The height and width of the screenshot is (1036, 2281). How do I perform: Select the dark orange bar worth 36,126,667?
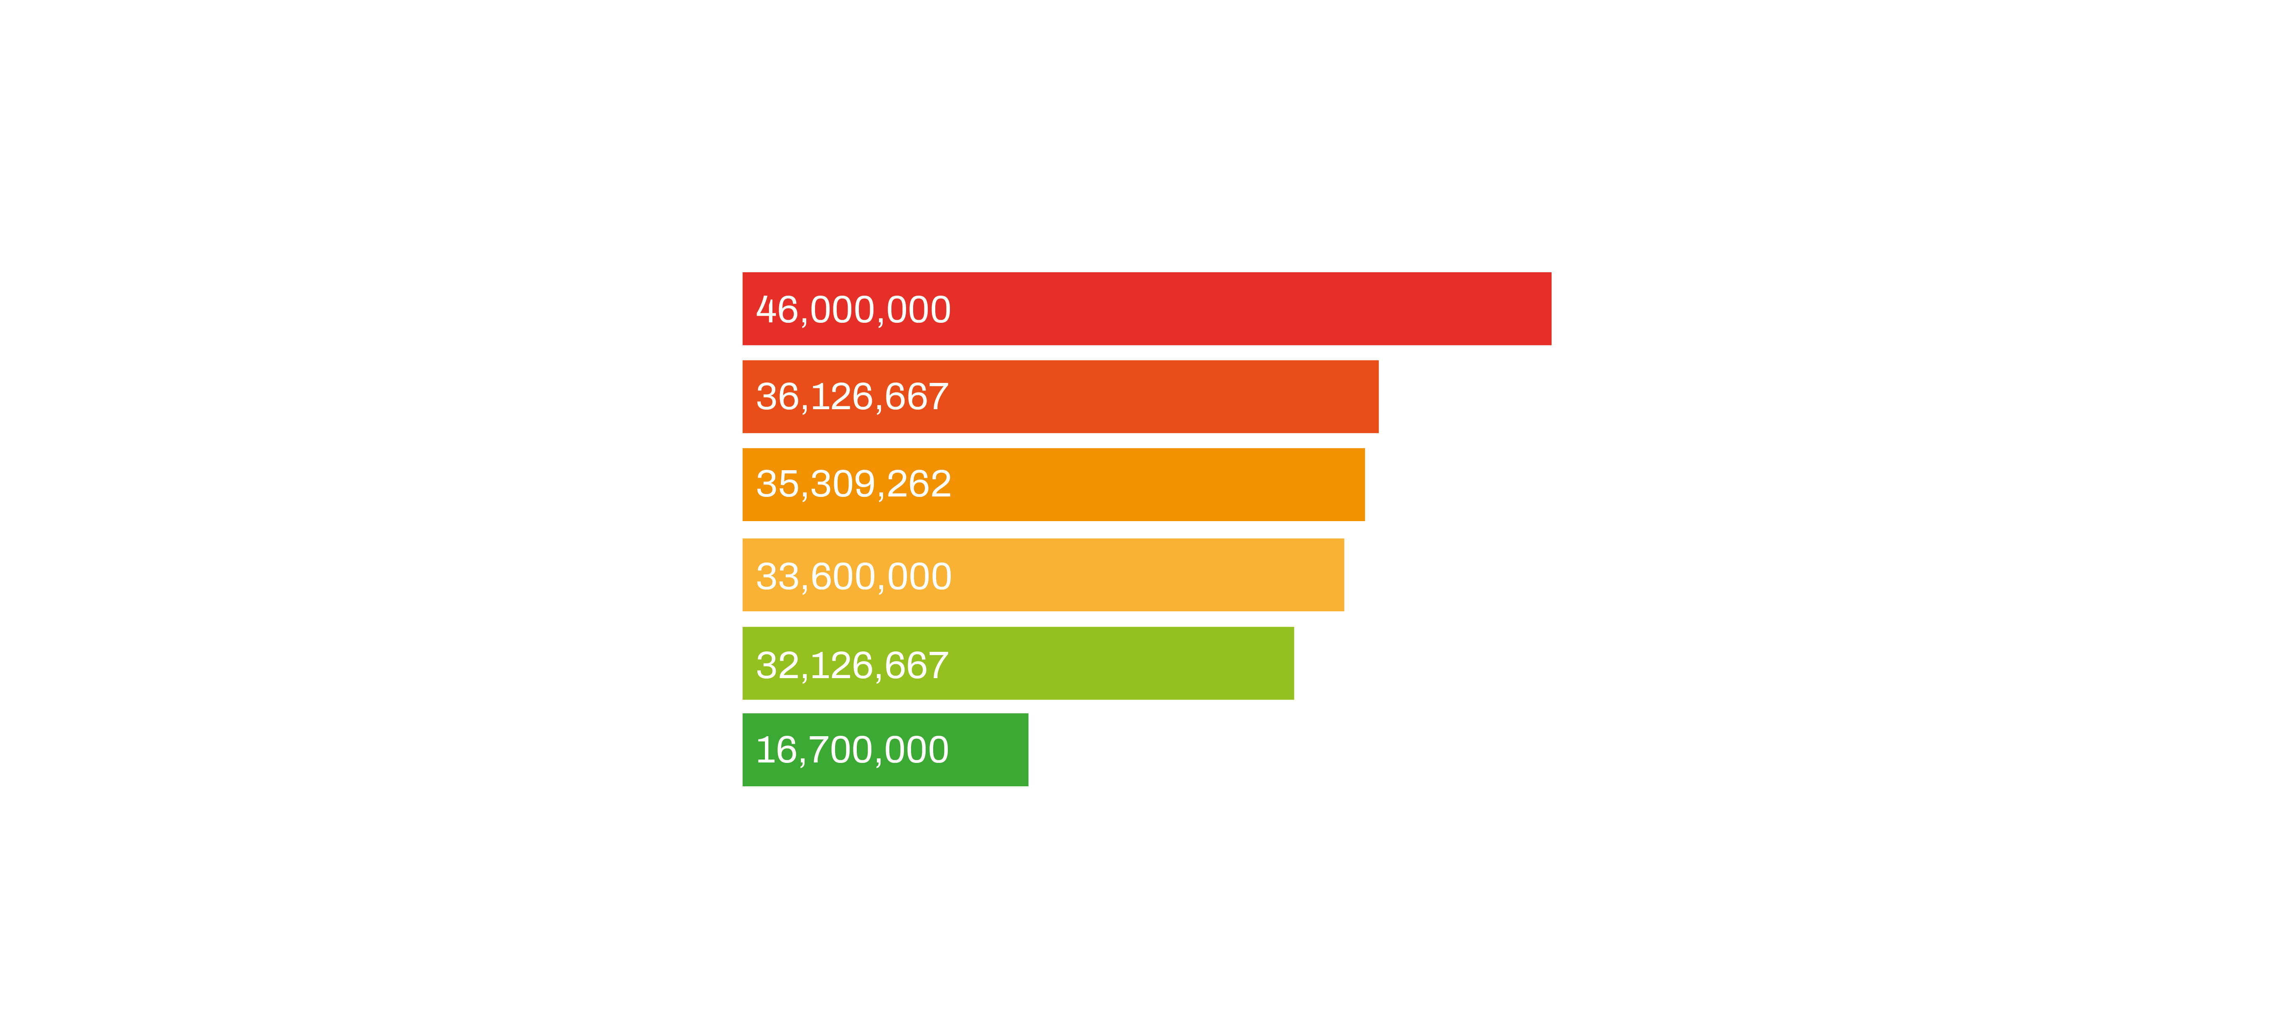pyautogui.click(x=1151, y=397)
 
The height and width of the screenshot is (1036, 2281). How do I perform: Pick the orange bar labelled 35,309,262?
pyautogui.click(x=1151, y=484)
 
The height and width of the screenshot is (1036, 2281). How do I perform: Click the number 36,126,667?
pyautogui.click(x=852, y=397)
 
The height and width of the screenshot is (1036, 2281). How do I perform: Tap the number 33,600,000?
pyautogui.click(x=853, y=576)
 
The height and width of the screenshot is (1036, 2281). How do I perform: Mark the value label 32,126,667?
pyautogui.click(x=852, y=665)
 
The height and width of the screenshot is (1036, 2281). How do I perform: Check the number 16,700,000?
pyautogui.click(x=852, y=750)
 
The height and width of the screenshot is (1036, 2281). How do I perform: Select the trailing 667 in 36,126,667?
pyautogui.click(x=916, y=397)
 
